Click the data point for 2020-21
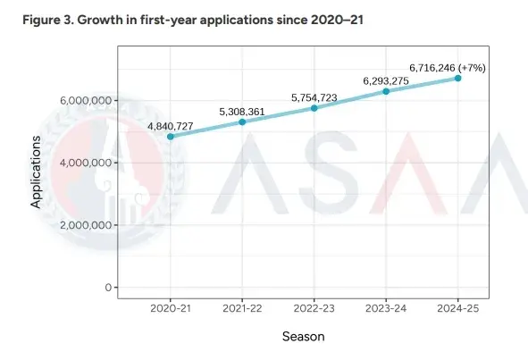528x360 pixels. [x=170, y=136]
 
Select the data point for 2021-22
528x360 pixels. [x=242, y=121]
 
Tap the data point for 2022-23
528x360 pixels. [x=314, y=107]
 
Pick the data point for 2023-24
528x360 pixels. [x=386, y=91]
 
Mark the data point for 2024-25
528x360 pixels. [x=457, y=78]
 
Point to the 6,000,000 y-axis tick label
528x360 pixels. [x=86, y=101]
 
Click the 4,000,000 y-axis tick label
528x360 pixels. [x=86, y=163]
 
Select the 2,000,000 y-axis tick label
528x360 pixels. [x=86, y=225]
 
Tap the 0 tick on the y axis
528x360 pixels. [x=106, y=288]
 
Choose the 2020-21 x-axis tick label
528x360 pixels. [x=170, y=306]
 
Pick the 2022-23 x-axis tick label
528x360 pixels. [x=314, y=306]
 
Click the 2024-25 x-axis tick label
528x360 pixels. [x=457, y=306]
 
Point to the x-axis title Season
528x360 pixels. [x=303, y=337]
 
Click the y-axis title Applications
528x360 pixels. [x=37, y=172]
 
